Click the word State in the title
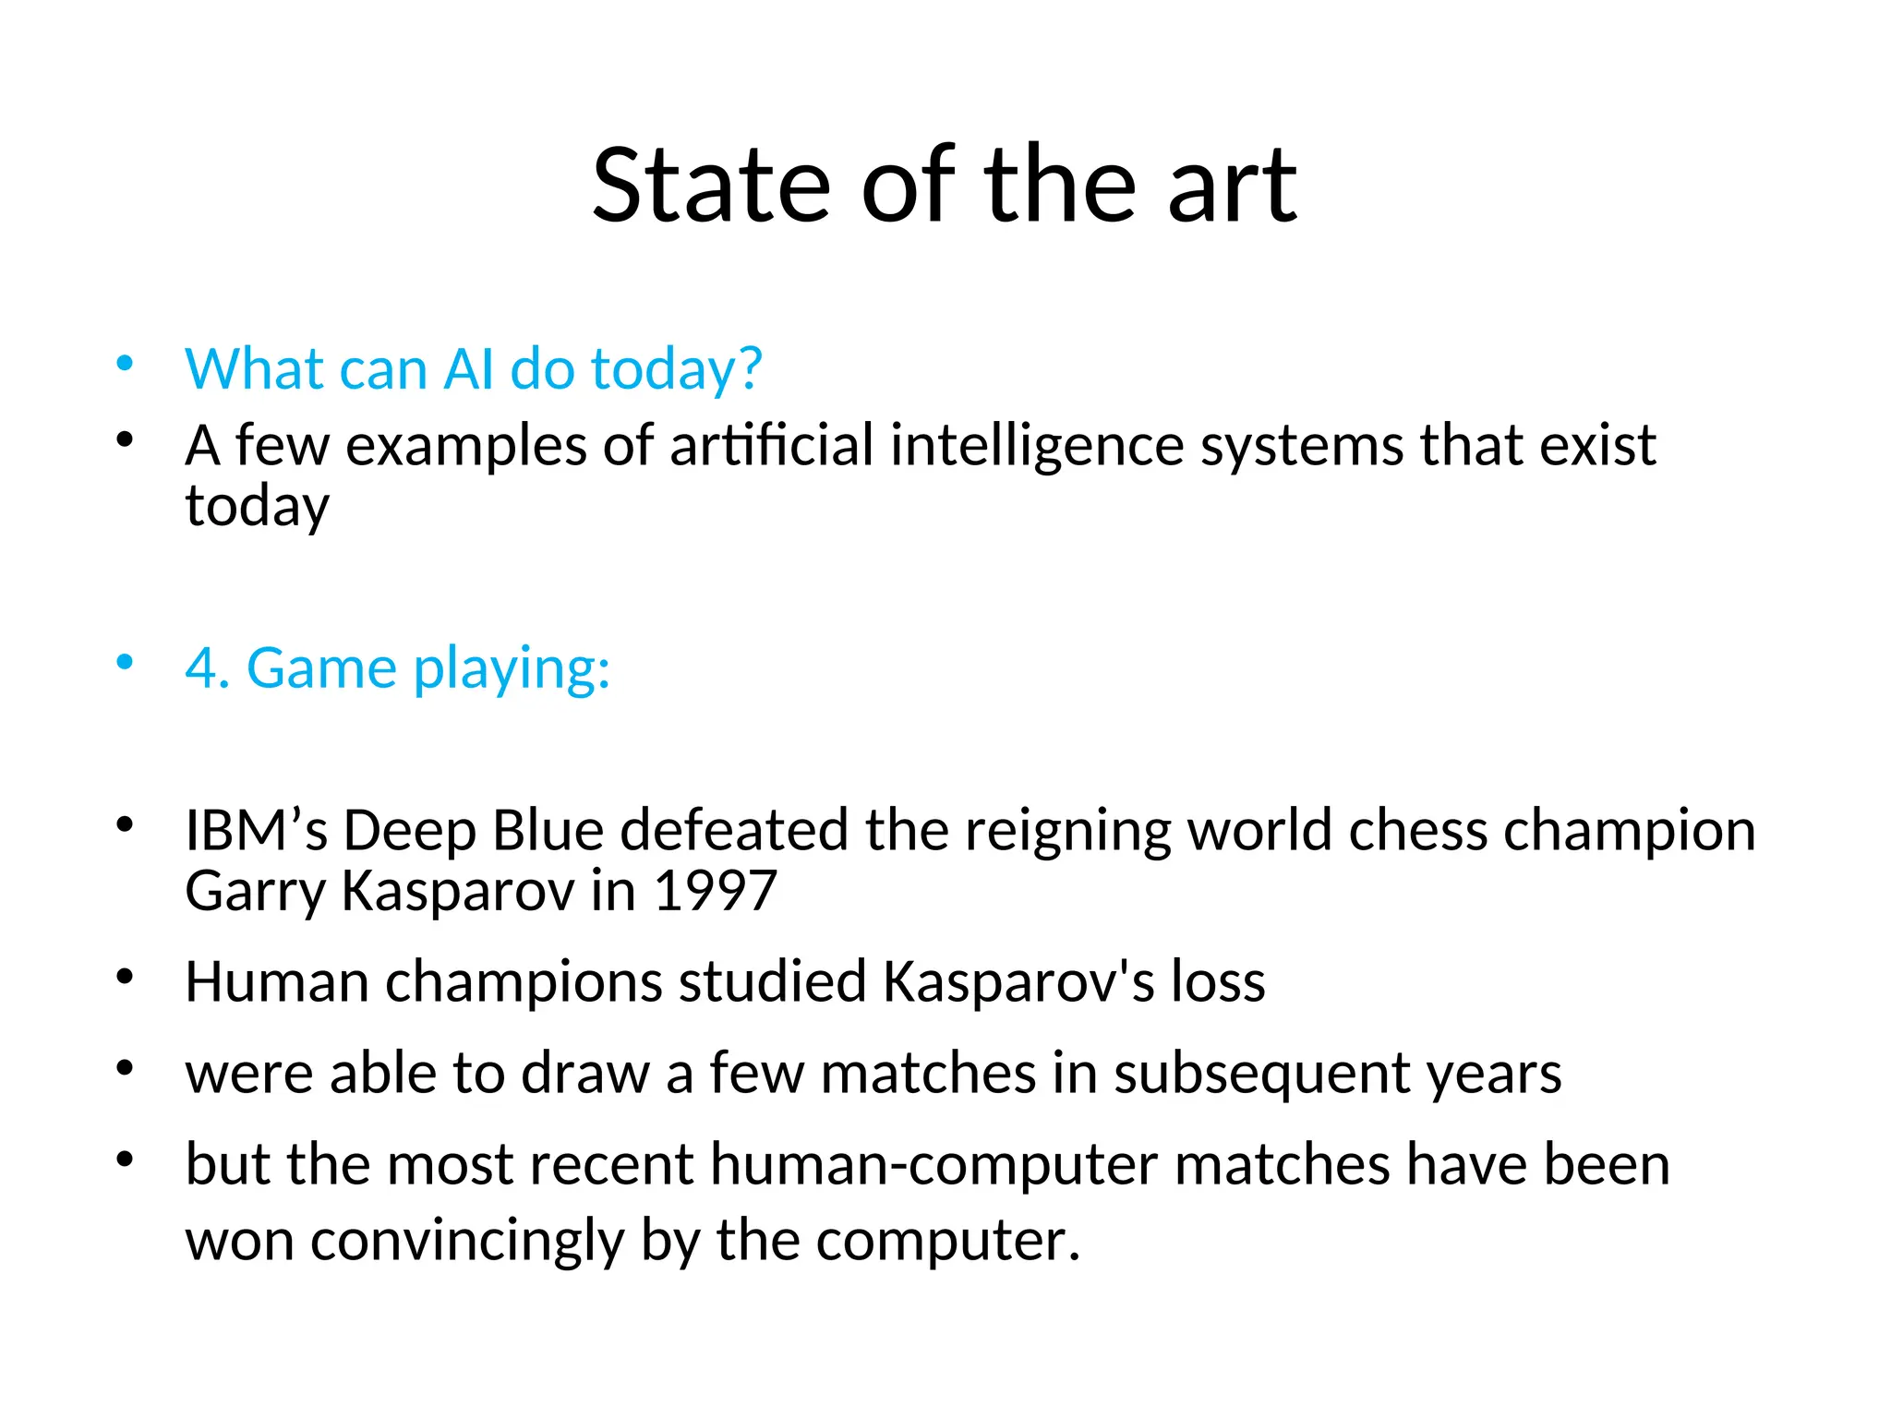click(711, 186)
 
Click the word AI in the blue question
click(469, 369)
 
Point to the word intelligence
click(1037, 445)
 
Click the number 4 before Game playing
click(202, 667)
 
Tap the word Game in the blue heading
click(321, 667)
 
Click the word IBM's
click(257, 830)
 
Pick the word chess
click(1417, 830)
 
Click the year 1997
click(715, 891)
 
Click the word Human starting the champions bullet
click(276, 981)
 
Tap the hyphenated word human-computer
click(933, 1164)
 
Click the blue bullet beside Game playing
click(125, 663)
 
